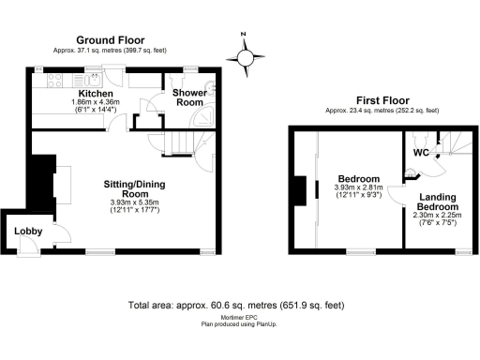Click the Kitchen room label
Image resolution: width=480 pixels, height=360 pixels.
tap(97, 95)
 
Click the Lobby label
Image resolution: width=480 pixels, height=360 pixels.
tap(25, 232)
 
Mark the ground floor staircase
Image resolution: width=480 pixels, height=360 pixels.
tap(181, 142)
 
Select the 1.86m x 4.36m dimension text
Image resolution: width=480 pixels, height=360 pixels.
tap(97, 105)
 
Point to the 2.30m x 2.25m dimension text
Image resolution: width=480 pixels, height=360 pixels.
tap(438, 216)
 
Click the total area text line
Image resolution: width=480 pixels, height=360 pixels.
tap(235, 306)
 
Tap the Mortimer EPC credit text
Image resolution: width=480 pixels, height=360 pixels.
tap(235, 318)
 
